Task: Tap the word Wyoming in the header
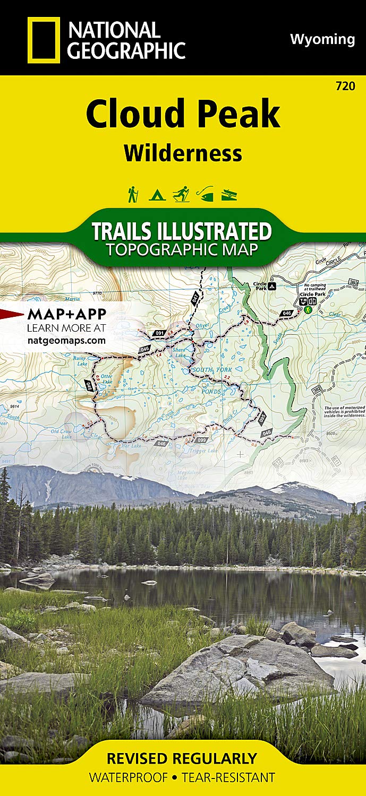click(322, 39)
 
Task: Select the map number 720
click(345, 86)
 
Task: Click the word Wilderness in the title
click(183, 153)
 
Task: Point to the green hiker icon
click(132, 194)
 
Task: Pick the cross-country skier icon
click(181, 194)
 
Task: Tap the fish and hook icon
click(205, 194)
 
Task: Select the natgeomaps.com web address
click(66, 341)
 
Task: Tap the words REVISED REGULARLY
click(182, 758)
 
